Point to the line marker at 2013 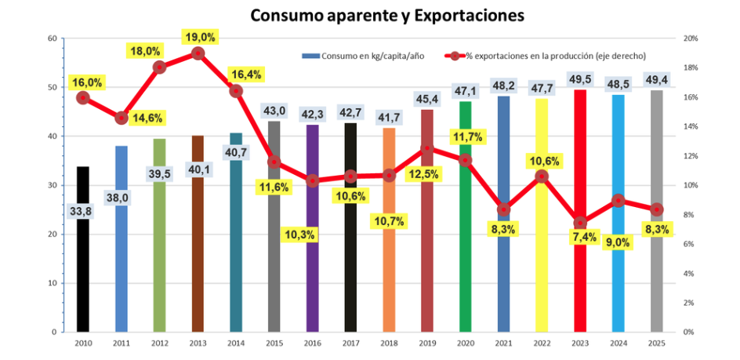(x=198, y=53)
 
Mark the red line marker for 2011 (x=121, y=118)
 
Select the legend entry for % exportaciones (x=549, y=56)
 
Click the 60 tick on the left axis (x=52, y=38)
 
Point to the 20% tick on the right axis (x=691, y=38)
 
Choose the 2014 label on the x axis (x=236, y=343)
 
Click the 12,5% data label (x=426, y=173)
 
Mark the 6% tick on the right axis (x=690, y=244)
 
